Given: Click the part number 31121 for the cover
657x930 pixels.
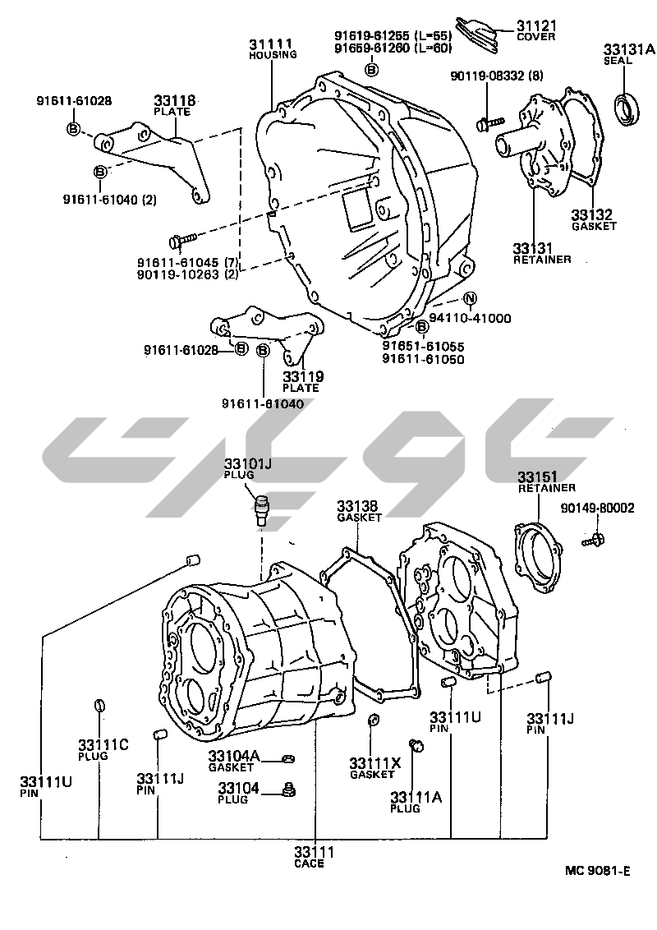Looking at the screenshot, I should coord(536,25).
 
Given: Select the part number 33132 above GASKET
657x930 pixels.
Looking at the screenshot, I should coord(592,215).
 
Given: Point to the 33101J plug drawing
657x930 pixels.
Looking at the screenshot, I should coord(263,509).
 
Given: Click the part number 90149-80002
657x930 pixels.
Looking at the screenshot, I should coord(598,509).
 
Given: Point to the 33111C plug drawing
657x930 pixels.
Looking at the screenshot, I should coord(99,705).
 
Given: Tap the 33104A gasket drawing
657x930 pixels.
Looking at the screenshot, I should coord(288,757).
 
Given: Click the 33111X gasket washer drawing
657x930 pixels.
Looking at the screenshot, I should coord(374,721).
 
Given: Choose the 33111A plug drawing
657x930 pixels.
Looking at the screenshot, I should coord(416,745).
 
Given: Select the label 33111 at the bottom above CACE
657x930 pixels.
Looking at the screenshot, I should coord(315,852).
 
